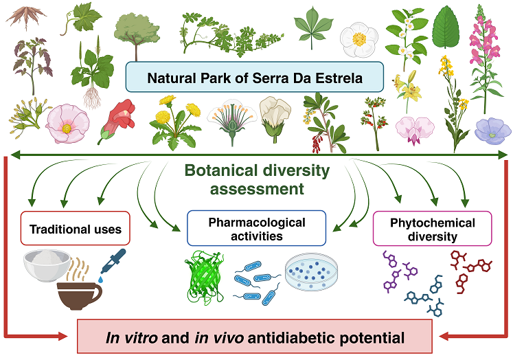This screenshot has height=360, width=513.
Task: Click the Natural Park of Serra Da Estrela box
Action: [x=254, y=77]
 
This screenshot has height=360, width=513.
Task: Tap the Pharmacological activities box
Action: [x=256, y=228]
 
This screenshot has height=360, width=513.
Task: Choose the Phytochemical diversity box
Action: [x=432, y=229]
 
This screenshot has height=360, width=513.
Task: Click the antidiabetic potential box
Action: [x=254, y=337]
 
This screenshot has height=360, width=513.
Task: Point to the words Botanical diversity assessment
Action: [x=256, y=179]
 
